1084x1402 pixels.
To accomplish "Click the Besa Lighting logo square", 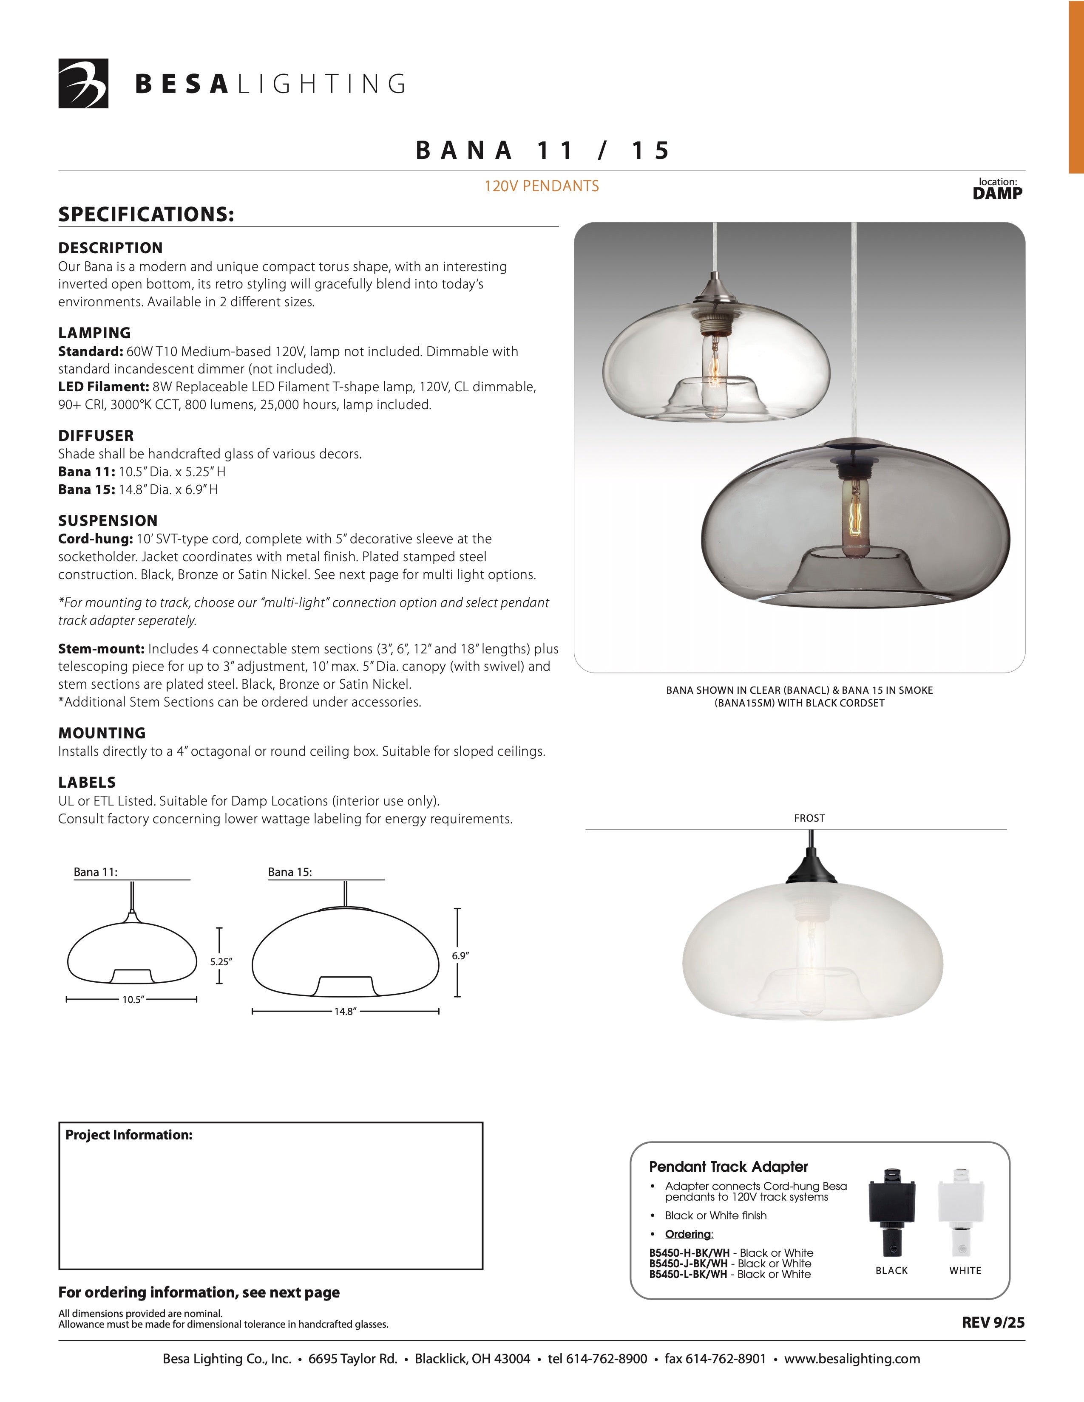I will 83,83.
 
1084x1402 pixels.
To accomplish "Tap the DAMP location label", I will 997,193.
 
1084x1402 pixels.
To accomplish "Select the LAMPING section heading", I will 94,333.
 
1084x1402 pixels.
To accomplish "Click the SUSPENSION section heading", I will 108,520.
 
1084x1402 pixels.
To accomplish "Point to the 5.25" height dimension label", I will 221,961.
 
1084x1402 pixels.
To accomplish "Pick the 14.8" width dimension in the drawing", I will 345,1012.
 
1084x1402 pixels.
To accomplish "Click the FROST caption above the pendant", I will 809,818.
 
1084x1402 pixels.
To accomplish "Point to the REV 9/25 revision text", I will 993,1323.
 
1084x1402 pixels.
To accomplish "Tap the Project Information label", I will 128,1135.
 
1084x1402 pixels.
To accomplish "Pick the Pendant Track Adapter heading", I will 728,1166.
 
